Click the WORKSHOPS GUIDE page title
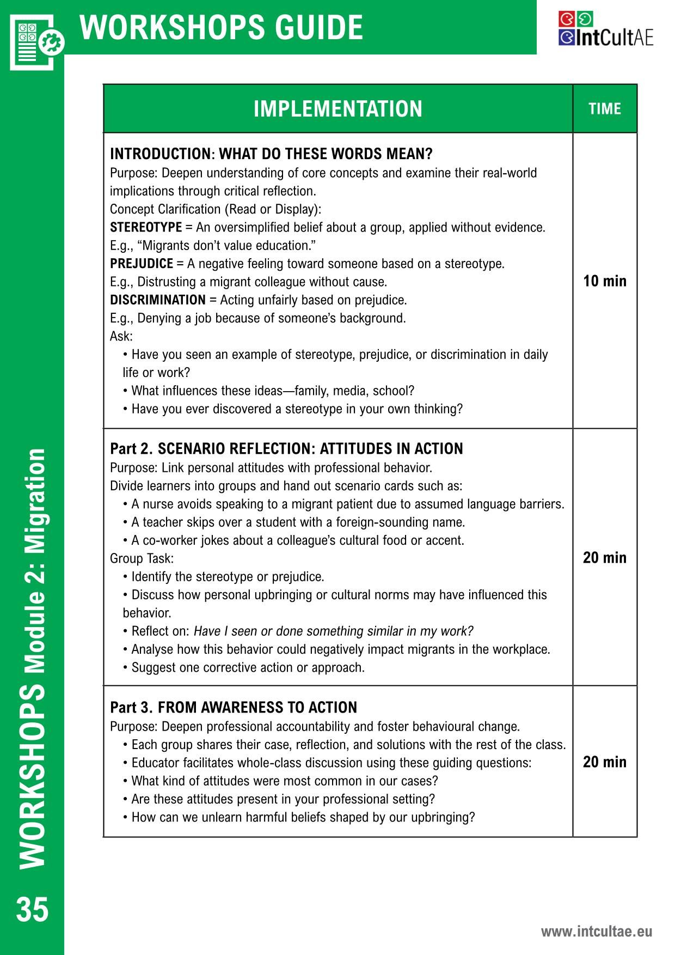pos(221,27)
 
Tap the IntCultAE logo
pos(605,29)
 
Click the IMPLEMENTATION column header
pos(337,109)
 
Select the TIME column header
pos(604,109)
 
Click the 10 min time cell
pos(605,281)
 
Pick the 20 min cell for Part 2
pos(605,558)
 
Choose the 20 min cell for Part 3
pos(605,762)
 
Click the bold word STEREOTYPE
pos(146,227)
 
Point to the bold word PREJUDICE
pos(142,264)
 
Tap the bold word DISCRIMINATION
pos(158,300)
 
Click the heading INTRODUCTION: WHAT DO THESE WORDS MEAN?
pos(271,154)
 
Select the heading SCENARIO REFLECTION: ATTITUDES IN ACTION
pos(310,449)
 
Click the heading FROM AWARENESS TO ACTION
pos(257,708)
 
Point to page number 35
pos(32,910)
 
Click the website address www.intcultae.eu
pos(596,932)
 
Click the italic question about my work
pos(333,631)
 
